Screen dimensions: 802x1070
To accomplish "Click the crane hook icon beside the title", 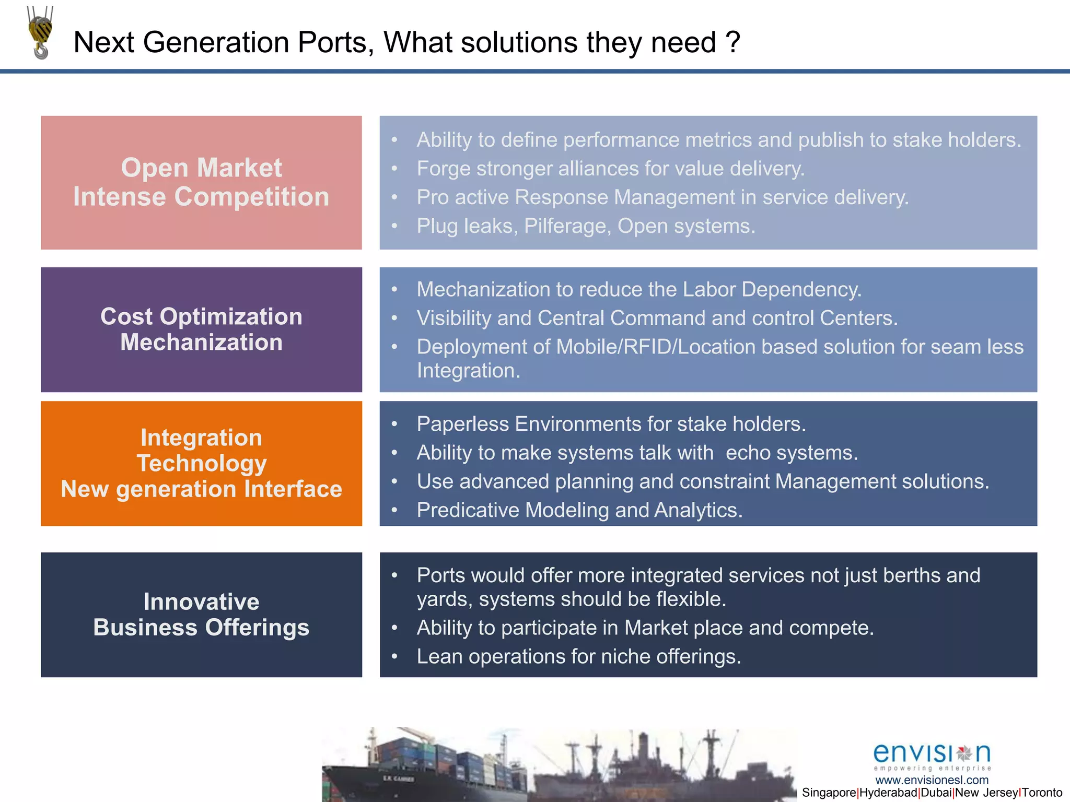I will point(40,32).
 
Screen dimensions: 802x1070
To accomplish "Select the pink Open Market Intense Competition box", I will point(201,182).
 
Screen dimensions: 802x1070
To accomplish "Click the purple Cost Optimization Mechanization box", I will point(201,329).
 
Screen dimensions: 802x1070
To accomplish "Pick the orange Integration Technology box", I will point(201,463).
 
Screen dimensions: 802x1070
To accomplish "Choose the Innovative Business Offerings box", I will point(201,615).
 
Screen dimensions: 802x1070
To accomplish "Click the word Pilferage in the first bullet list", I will point(567,226).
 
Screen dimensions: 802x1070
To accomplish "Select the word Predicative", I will point(468,510).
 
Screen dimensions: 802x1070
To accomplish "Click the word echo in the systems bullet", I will point(748,453).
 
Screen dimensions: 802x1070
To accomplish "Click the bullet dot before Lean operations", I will point(395,656).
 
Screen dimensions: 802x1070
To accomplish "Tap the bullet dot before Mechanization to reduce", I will point(395,289).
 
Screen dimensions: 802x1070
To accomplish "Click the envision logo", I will point(932,756).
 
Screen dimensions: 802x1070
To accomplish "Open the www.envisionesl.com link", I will point(932,780).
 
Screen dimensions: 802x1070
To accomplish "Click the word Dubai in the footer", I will point(936,793).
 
